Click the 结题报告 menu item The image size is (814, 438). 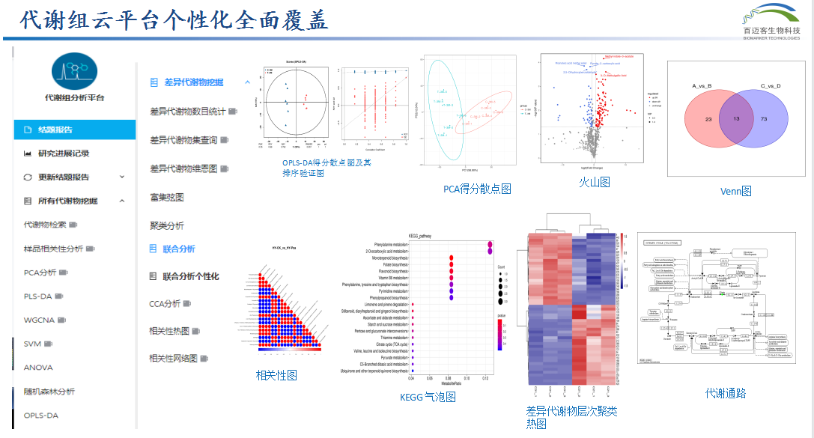[x=55, y=130]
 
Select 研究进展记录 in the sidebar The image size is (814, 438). [x=64, y=153]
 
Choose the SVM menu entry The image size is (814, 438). [x=33, y=344]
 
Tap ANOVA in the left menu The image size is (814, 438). [x=38, y=368]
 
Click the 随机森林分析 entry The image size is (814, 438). [x=49, y=392]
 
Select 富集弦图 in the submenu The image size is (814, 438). [x=167, y=198]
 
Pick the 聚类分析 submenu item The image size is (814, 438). [x=167, y=225]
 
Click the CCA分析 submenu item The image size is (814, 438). [x=165, y=304]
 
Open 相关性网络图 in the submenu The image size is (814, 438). [x=174, y=359]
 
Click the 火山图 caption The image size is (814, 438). [x=594, y=182]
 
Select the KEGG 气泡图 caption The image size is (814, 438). [x=428, y=397]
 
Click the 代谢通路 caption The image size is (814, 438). [x=725, y=393]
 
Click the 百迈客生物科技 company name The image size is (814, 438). [x=771, y=31]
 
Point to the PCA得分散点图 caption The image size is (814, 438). [x=477, y=189]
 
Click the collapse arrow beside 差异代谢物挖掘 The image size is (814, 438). [x=248, y=82]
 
